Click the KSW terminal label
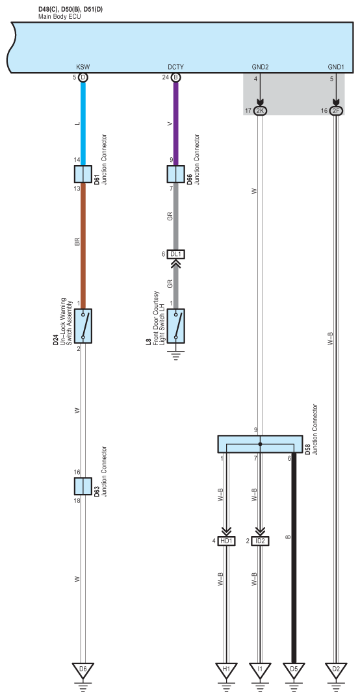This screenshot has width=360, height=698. point(83,67)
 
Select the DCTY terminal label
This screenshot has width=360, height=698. point(175,67)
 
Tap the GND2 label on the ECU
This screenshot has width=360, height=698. point(260,67)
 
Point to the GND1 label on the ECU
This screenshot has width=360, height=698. point(337,67)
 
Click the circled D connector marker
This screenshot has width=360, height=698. point(83,77)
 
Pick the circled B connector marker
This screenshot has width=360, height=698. point(175,77)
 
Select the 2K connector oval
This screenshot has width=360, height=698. point(260,110)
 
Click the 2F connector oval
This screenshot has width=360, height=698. point(337,110)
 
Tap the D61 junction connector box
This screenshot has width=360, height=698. point(83,174)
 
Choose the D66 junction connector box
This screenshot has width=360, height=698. point(175,174)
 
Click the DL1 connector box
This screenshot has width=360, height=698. point(175,254)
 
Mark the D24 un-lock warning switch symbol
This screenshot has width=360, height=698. point(83,326)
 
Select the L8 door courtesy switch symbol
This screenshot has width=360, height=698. point(175,326)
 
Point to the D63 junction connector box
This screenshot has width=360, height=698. point(83,486)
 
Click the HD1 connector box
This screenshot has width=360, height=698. point(227,541)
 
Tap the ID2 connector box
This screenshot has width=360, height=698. point(261,541)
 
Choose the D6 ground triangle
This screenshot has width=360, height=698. point(83,670)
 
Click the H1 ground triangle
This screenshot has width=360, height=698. point(227,670)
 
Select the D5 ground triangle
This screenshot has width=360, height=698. point(294,670)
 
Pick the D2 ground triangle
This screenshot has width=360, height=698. point(337,670)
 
